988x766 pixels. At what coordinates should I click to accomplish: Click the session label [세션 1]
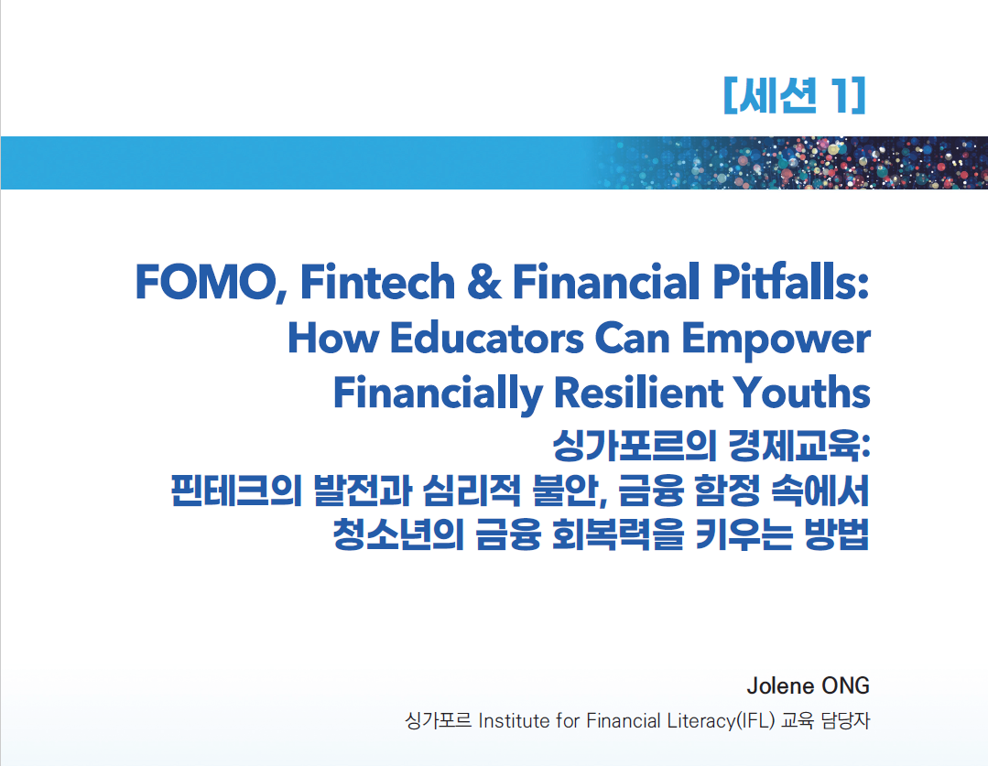point(795,96)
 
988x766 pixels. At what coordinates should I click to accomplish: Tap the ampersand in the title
point(483,282)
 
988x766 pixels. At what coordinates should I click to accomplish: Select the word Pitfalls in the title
point(791,281)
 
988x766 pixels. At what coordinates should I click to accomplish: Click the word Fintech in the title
point(377,281)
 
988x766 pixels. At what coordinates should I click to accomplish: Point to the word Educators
point(487,339)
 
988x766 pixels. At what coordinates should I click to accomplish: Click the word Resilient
point(638,394)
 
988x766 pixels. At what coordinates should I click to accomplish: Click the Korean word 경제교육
point(798,446)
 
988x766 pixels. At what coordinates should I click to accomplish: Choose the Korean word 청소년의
point(397,534)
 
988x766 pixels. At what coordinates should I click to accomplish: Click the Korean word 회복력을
point(617,534)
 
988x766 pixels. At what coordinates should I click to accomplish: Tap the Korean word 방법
point(837,534)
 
